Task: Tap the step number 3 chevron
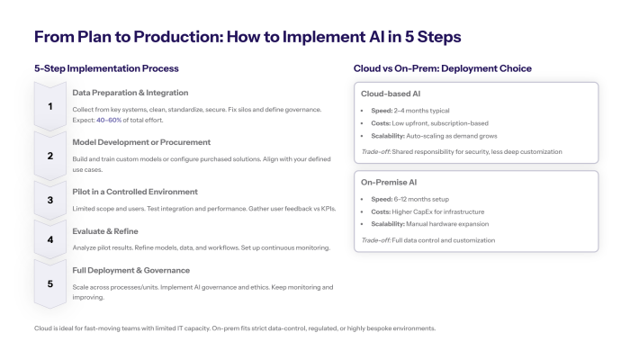point(50,200)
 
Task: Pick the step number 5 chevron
point(50,283)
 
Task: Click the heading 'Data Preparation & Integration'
point(130,93)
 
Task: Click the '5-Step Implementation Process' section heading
point(106,68)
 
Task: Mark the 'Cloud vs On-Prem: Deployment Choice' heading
point(442,68)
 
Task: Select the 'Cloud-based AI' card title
point(391,94)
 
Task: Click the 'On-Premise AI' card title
point(390,182)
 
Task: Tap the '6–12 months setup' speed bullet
point(415,199)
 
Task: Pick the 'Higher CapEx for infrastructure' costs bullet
point(428,211)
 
